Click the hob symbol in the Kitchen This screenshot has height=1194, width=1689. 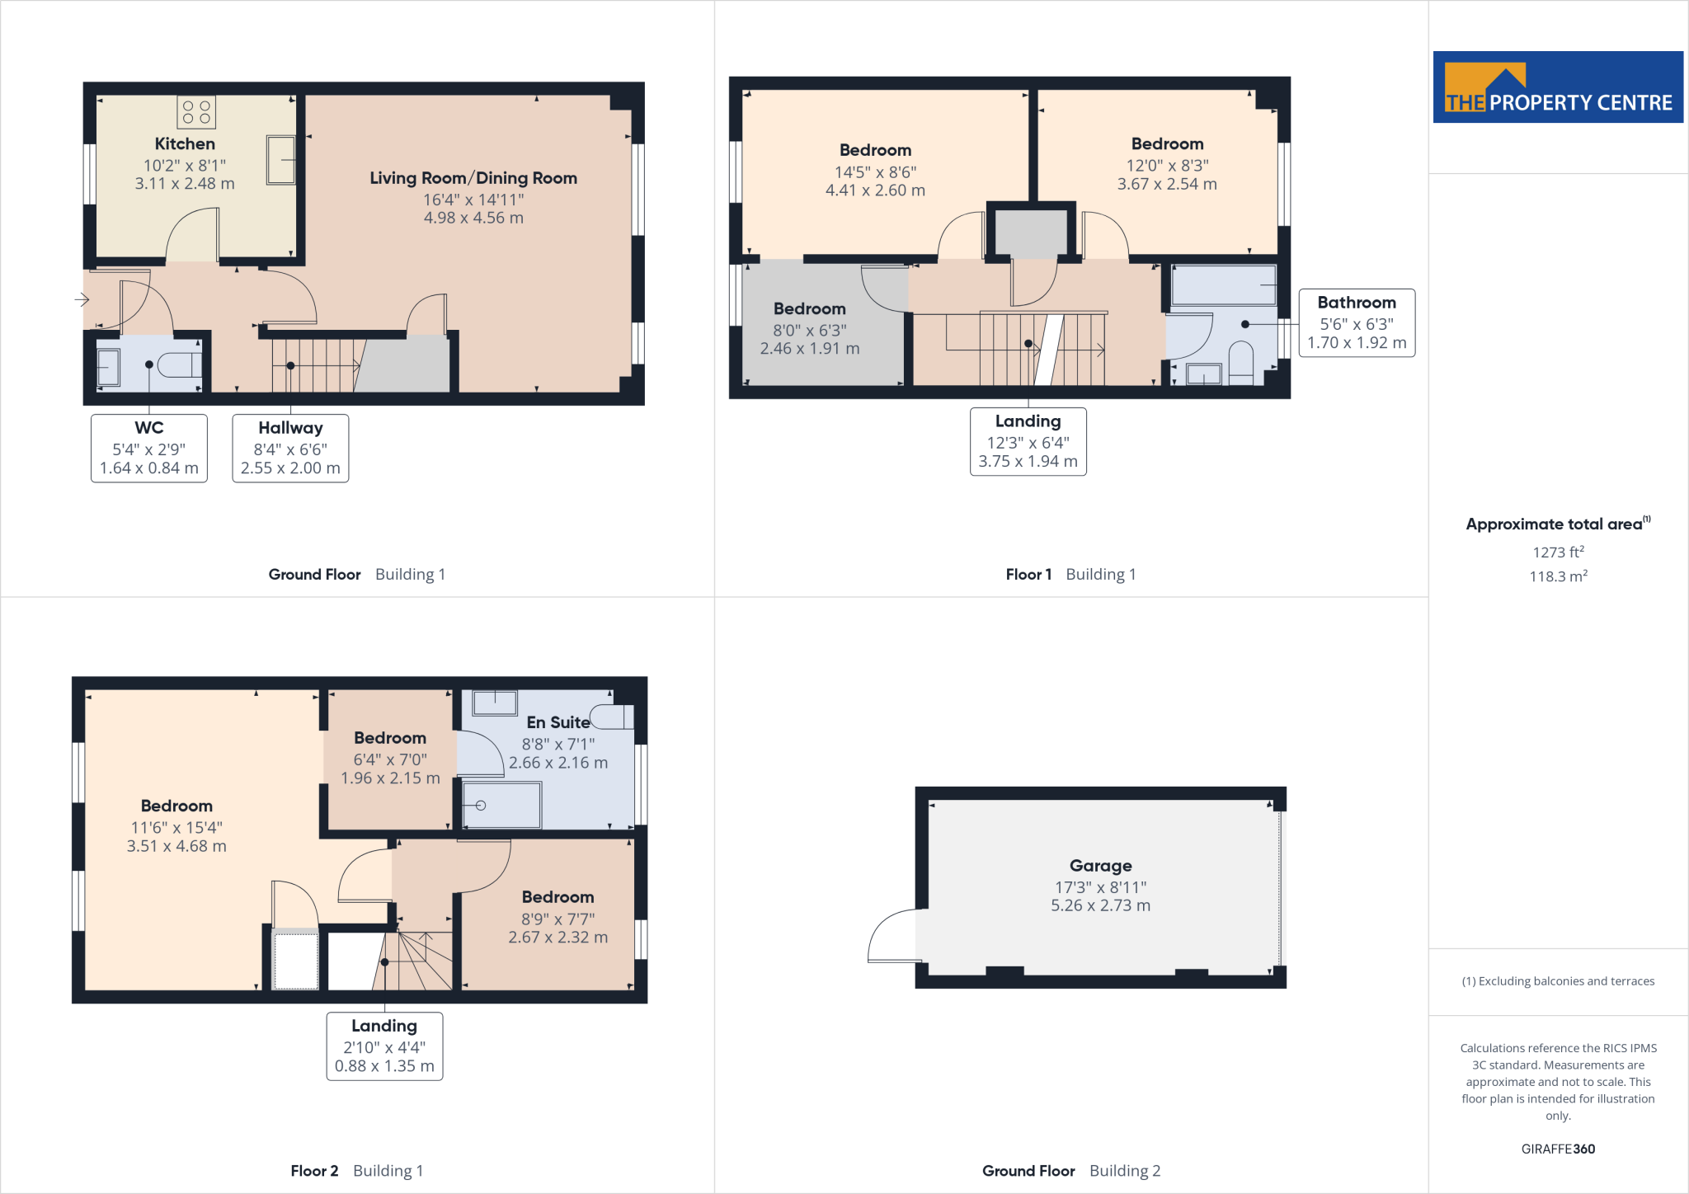(196, 112)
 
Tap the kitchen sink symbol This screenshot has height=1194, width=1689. (280, 160)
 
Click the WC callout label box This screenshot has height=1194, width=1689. (149, 448)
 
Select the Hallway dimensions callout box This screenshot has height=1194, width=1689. (290, 448)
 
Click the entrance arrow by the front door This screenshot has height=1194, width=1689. (82, 299)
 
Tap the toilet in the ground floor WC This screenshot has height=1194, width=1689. (180, 364)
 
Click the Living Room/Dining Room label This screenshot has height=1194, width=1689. (473, 178)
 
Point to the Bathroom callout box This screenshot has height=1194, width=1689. (1357, 322)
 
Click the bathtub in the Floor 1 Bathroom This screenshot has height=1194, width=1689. (1224, 285)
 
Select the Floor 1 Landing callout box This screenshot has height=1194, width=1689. (1028, 441)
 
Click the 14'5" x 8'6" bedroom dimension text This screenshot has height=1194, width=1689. (875, 172)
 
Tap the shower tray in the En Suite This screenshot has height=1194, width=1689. (501, 805)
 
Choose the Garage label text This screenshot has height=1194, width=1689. (1100, 866)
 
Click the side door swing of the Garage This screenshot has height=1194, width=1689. (893, 937)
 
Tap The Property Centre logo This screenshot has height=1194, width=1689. (1558, 87)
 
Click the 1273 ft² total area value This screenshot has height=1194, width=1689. (1558, 552)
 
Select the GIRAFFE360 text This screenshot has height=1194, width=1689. (1558, 1149)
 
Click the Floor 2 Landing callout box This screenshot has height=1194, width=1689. (384, 1046)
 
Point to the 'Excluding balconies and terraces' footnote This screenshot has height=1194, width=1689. (1558, 981)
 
